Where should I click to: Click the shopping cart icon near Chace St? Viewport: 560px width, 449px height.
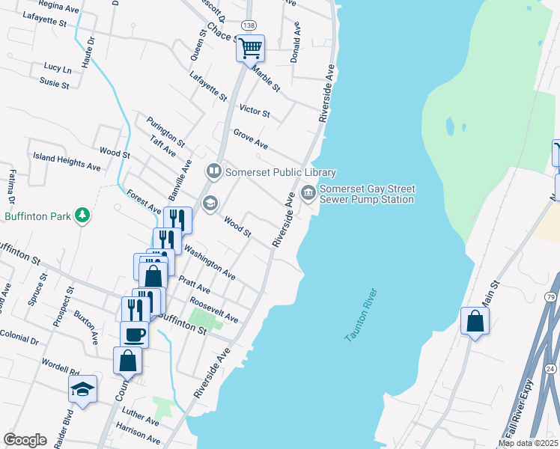click(x=251, y=48)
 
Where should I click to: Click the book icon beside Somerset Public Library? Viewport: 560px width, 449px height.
click(x=214, y=172)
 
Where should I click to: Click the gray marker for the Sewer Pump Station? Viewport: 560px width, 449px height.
click(x=308, y=194)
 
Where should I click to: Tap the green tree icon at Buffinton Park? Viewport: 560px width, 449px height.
click(x=82, y=216)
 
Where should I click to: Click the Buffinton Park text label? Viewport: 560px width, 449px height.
click(x=37, y=216)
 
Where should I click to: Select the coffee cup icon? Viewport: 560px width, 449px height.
click(x=134, y=334)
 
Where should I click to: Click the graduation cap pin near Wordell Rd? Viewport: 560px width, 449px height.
click(x=82, y=388)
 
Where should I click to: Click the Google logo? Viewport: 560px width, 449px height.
click(x=25, y=440)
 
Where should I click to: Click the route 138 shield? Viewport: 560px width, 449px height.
click(x=249, y=25)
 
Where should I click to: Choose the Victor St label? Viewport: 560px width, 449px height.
click(x=254, y=111)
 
